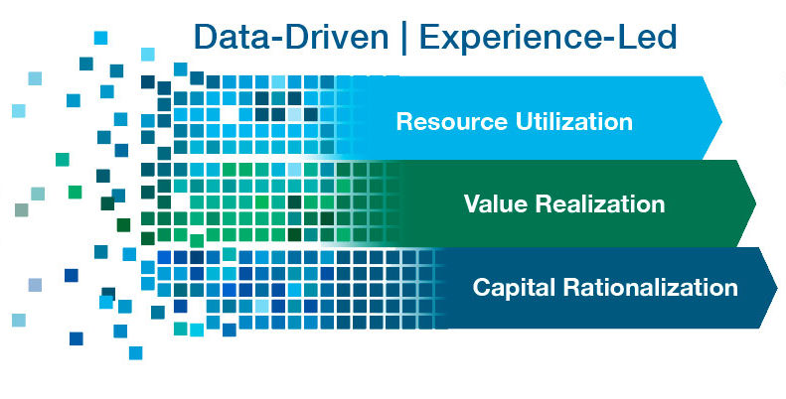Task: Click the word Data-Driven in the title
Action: (291, 38)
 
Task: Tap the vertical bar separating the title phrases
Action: (404, 39)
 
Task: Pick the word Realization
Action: (600, 203)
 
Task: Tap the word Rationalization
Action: (651, 288)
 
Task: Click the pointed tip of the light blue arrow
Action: (721, 121)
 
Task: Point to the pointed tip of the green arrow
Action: (755, 203)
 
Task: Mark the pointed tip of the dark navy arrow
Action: (777, 288)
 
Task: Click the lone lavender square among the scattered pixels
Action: (35, 285)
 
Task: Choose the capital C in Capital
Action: (482, 288)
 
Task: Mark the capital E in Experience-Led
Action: (429, 38)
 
